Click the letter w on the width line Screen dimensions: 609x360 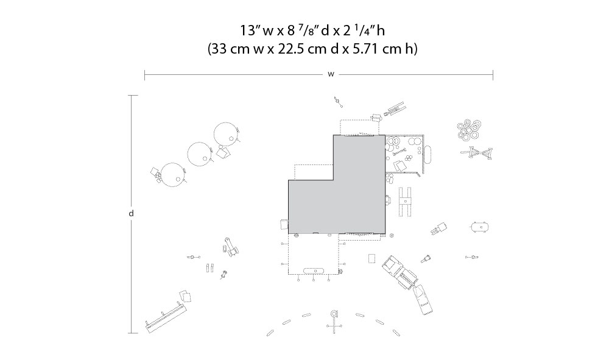pyautogui.click(x=331, y=74)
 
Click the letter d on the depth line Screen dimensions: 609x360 pyautogui.click(x=132, y=213)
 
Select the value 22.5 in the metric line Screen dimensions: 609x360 pyautogui.click(x=290, y=49)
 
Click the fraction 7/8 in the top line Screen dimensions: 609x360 pyautogui.click(x=301, y=29)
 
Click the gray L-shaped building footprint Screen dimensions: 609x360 pyautogui.click(x=337, y=184)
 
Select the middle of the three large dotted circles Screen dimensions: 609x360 pyautogui.click(x=200, y=154)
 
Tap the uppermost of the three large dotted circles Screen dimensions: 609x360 pyautogui.click(x=226, y=134)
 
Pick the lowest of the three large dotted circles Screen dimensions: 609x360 pyautogui.click(x=173, y=175)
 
